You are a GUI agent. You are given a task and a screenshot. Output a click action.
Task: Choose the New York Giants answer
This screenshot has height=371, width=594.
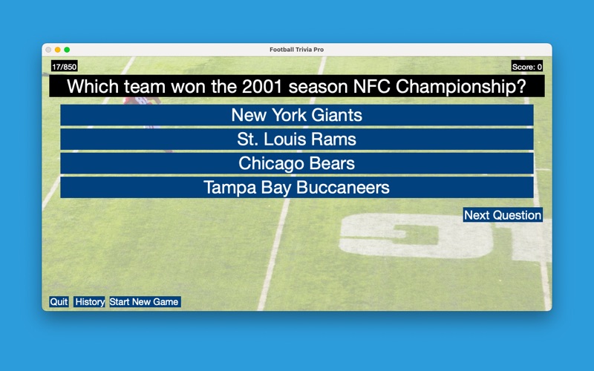[296, 115]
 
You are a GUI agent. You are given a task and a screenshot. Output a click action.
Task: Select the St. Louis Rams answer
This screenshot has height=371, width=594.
[296, 139]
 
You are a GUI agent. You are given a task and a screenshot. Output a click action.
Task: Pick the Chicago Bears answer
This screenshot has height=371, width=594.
[296, 163]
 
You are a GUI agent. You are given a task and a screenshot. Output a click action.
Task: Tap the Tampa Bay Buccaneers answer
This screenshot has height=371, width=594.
[296, 188]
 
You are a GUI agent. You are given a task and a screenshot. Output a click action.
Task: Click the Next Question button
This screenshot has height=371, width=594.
[503, 215]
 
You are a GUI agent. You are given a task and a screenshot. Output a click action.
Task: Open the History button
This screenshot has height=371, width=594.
[89, 302]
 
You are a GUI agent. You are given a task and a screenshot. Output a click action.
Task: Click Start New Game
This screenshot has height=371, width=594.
[145, 302]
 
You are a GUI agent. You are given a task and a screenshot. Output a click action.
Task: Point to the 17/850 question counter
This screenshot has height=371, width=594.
[65, 67]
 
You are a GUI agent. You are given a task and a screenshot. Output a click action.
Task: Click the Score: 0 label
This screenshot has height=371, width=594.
[527, 67]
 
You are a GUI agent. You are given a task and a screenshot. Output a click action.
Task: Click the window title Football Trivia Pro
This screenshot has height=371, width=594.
[296, 50]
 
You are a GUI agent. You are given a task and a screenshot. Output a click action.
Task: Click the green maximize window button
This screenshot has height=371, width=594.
[67, 50]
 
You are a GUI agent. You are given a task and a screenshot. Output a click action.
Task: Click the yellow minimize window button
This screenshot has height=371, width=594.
[58, 50]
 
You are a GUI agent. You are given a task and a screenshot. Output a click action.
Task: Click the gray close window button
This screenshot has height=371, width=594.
[48, 50]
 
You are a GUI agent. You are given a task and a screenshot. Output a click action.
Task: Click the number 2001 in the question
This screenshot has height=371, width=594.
[262, 87]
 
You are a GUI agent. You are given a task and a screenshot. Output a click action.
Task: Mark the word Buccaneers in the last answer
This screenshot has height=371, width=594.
[343, 188]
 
